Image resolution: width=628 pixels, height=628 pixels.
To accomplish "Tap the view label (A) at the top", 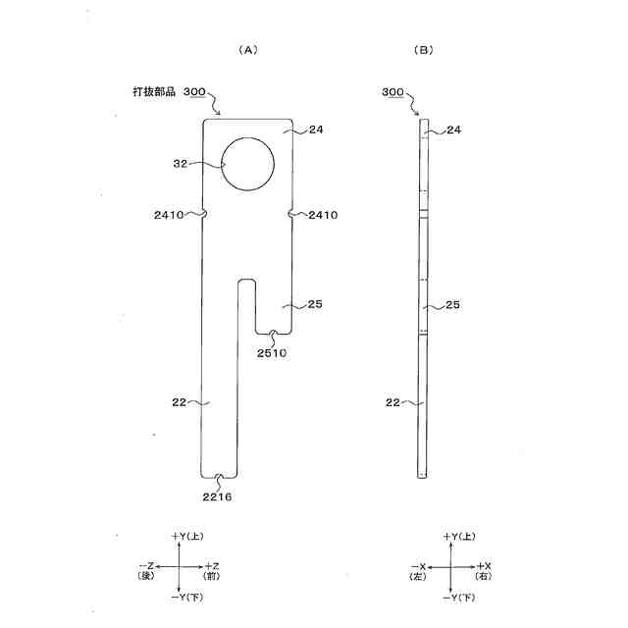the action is (248, 50).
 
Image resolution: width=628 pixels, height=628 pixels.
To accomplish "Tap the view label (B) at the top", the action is (423, 50).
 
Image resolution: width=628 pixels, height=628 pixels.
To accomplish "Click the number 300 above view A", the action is (194, 91).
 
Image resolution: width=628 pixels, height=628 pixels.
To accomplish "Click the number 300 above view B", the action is (392, 91).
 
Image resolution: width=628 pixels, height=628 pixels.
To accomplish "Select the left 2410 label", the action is (169, 215).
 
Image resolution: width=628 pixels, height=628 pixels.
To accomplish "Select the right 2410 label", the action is (323, 215).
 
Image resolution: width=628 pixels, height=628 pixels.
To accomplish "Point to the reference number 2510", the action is (272, 353).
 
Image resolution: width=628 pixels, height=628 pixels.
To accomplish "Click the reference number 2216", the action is (217, 497).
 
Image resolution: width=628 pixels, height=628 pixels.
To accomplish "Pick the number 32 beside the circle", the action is (181, 164).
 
